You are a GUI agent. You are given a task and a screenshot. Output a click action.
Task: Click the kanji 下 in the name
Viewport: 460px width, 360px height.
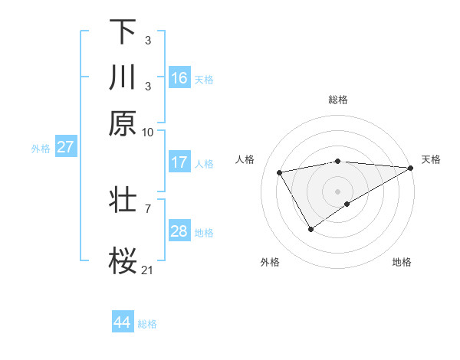pyautogui.click(x=123, y=32)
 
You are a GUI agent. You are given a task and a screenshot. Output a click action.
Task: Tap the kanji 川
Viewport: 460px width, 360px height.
pyautogui.click(x=123, y=77)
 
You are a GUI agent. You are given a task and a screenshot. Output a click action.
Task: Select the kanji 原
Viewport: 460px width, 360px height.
pyautogui.click(x=123, y=123)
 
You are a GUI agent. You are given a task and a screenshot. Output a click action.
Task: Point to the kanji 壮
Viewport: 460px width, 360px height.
pyautogui.click(x=123, y=198)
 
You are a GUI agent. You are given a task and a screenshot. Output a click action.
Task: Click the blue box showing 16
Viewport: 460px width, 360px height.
pyautogui.click(x=179, y=78)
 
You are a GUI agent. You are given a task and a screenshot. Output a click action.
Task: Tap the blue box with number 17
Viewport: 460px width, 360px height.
pyautogui.click(x=179, y=162)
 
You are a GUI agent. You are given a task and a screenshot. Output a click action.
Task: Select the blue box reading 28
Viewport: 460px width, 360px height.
pyautogui.click(x=179, y=231)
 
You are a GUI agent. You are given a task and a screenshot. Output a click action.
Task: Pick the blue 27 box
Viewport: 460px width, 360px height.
pyautogui.click(x=65, y=147)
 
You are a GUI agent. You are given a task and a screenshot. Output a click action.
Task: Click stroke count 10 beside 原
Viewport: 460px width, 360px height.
pyautogui.click(x=148, y=132)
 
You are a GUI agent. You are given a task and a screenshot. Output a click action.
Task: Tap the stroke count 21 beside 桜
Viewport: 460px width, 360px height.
pyautogui.click(x=148, y=270)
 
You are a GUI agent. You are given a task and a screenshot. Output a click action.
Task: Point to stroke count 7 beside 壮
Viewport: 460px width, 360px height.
pyautogui.click(x=147, y=207)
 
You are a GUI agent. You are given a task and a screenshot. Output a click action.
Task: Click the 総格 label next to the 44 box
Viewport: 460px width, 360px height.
pyautogui.click(x=147, y=324)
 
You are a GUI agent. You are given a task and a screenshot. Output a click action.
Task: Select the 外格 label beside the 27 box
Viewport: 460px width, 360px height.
pyautogui.click(x=41, y=149)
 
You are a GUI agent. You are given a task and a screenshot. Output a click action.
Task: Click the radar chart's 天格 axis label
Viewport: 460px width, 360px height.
pyautogui.click(x=431, y=159)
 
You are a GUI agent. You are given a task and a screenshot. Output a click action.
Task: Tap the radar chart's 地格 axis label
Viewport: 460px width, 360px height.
pyautogui.click(x=402, y=262)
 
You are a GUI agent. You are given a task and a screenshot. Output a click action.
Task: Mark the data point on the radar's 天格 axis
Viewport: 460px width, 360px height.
pyautogui.click(x=411, y=168)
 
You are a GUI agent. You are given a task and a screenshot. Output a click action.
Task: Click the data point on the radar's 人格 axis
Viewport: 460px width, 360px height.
pyautogui.click(x=280, y=172)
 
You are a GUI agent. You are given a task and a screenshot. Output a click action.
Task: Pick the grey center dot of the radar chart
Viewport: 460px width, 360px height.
pyautogui.click(x=338, y=191)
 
